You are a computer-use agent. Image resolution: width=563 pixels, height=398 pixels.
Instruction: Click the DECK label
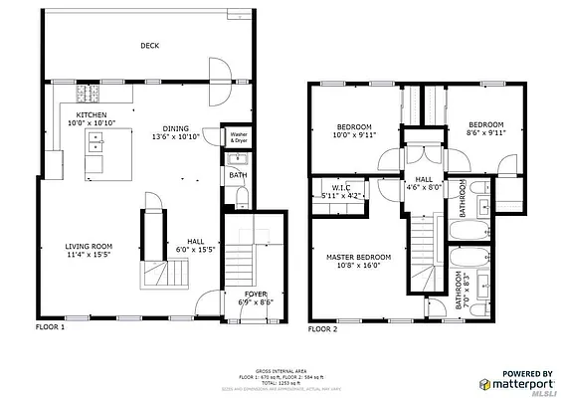[x=150, y=46]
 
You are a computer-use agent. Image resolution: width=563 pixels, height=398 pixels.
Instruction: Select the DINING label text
[x=176, y=127]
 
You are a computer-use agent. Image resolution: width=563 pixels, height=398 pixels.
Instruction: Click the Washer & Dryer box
[x=239, y=137]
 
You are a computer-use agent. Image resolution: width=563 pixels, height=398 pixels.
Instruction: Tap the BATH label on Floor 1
[x=238, y=176]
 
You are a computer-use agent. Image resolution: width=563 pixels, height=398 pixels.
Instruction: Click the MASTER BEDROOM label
[x=359, y=257]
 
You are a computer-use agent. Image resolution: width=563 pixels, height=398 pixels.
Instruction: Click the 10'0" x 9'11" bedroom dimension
[x=354, y=135]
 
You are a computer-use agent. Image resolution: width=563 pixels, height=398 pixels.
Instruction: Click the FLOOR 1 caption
[x=50, y=327]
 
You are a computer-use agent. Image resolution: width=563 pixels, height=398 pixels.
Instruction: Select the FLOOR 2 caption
[x=322, y=328]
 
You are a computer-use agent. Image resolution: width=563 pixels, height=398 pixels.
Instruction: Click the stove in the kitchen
[x=88, y=95]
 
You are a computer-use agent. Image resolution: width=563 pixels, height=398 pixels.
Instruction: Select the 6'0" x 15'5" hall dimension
[x=196, y=249]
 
